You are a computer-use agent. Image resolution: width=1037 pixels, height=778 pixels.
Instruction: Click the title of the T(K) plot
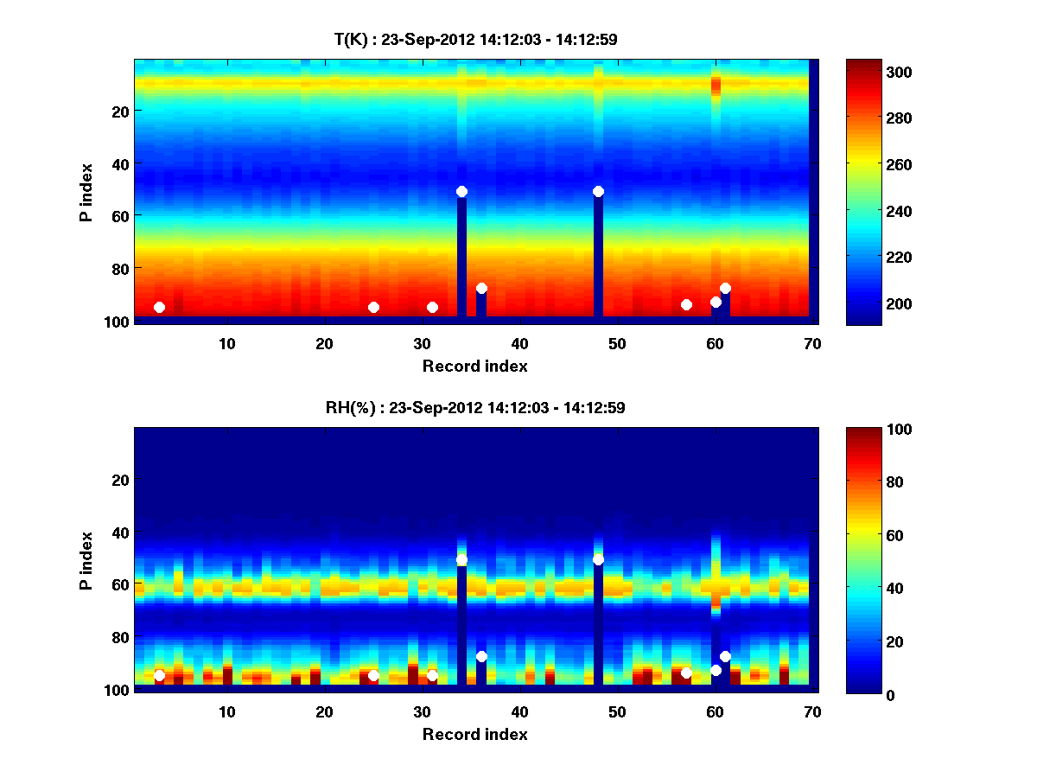point(475,39)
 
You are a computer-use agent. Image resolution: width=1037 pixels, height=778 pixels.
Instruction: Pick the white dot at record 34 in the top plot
point(461,191)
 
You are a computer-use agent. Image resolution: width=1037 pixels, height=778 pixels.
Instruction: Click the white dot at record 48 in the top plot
point(598,191)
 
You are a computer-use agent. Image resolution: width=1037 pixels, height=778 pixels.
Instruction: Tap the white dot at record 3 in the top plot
point(159,307)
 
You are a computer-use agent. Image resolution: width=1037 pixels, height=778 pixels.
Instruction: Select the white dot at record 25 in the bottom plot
point(373,675)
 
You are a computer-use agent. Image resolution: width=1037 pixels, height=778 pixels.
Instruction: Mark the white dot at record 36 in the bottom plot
point(481,656)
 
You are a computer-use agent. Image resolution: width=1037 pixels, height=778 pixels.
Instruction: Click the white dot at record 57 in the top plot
point(686,304)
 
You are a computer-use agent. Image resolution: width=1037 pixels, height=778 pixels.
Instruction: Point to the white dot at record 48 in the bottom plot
point(598,560)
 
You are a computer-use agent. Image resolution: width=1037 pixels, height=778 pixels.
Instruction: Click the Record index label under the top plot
point(474,366)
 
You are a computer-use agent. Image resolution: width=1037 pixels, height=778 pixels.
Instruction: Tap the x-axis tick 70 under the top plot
point(812,343)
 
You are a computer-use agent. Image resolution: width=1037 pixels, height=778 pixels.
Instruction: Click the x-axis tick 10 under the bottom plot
point(226,711)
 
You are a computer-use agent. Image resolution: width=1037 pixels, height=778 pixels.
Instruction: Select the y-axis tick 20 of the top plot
point(119,111)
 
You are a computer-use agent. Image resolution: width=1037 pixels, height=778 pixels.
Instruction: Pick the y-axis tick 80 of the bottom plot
point(119,637)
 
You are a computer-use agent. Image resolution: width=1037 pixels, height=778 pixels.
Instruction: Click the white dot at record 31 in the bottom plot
point(432,675)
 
